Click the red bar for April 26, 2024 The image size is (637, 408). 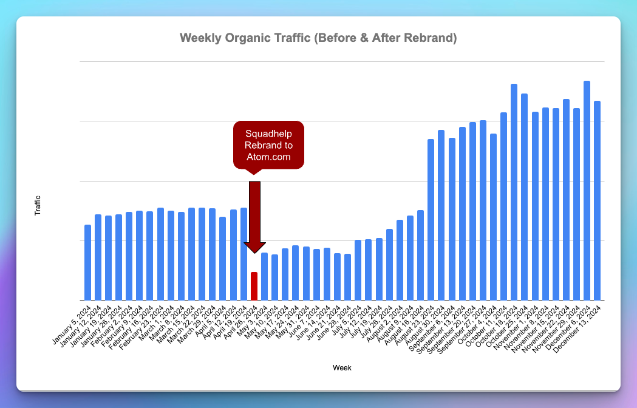254,286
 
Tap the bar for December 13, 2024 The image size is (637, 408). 597,200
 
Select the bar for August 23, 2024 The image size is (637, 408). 431,219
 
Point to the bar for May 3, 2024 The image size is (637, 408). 264,276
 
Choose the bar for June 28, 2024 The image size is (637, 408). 347,277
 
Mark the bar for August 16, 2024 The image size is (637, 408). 420,255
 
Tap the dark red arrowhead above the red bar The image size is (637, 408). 254,247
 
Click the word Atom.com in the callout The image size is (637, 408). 268,157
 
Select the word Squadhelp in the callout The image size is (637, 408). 268,134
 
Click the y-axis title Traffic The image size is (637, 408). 38,206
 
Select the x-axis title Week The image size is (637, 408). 342,367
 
